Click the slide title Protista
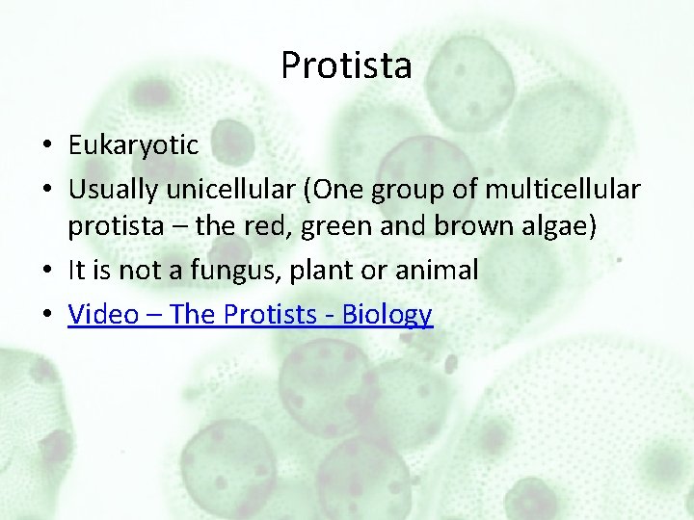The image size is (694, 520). [346, 65]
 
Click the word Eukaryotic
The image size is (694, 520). [133, 145]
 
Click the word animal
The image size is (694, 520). [439, 271]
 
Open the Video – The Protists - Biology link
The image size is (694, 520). [250, 314]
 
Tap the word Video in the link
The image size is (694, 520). [102, 314]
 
